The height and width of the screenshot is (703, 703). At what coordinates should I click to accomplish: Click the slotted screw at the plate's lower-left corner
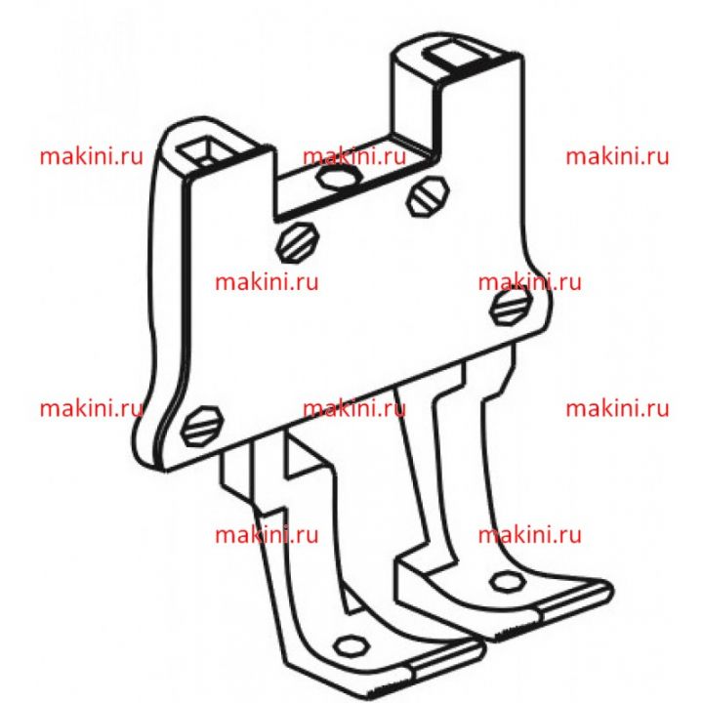point(202,426)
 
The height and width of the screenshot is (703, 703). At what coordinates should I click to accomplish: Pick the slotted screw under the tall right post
point(428,196)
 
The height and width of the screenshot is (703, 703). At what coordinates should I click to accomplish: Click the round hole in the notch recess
point(337,176)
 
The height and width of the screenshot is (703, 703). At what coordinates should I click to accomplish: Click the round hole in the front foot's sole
point(351,646)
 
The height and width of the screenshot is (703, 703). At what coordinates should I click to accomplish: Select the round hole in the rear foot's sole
point(508,582)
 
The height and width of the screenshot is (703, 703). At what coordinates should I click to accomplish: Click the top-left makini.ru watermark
point(92,156)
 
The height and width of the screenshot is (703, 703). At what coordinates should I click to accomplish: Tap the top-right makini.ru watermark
point(617,156)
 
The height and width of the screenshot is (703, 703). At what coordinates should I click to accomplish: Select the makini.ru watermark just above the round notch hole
point(354,156)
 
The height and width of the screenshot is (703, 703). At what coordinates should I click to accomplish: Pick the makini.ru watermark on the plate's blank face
point(267,282)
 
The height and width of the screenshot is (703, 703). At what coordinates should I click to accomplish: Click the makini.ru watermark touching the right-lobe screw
point(529,282)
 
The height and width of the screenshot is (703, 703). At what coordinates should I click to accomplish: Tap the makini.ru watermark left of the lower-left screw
point(92,408)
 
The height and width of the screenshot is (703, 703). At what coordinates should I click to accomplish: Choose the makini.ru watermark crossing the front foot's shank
point(267,534)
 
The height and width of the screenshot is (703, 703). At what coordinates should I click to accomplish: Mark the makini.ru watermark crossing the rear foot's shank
point(529,534)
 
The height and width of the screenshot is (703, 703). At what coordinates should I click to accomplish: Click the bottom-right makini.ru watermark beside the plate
point(617,408)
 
